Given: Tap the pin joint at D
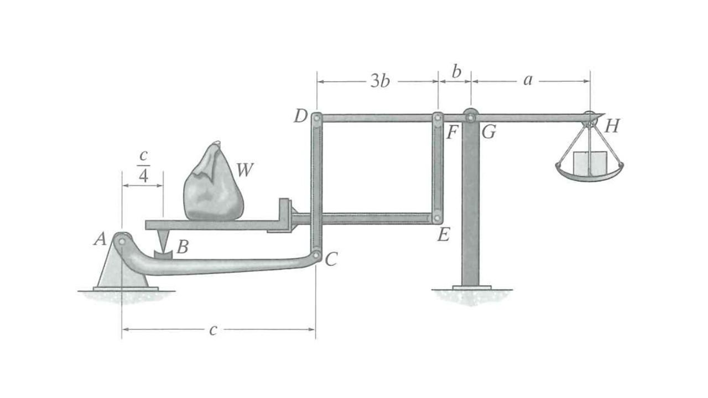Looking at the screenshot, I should tap(316, 118).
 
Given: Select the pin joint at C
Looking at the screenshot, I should tap(316, 255).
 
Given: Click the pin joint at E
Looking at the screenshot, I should tap(438, 218).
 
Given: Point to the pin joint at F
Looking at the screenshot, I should tap(438, 118).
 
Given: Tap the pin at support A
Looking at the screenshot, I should tap(121, 240).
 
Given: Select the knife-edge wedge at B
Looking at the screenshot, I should tap(163, 241).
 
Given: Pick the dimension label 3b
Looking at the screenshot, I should tap(379, 81).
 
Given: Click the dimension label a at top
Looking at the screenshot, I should tap(528, 80).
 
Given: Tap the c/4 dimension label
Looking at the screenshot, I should tap(142, 167).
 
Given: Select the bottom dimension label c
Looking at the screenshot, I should tap(213, 330).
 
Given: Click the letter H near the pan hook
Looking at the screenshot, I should tap(611, 127).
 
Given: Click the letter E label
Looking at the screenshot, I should tap(443, 235).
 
